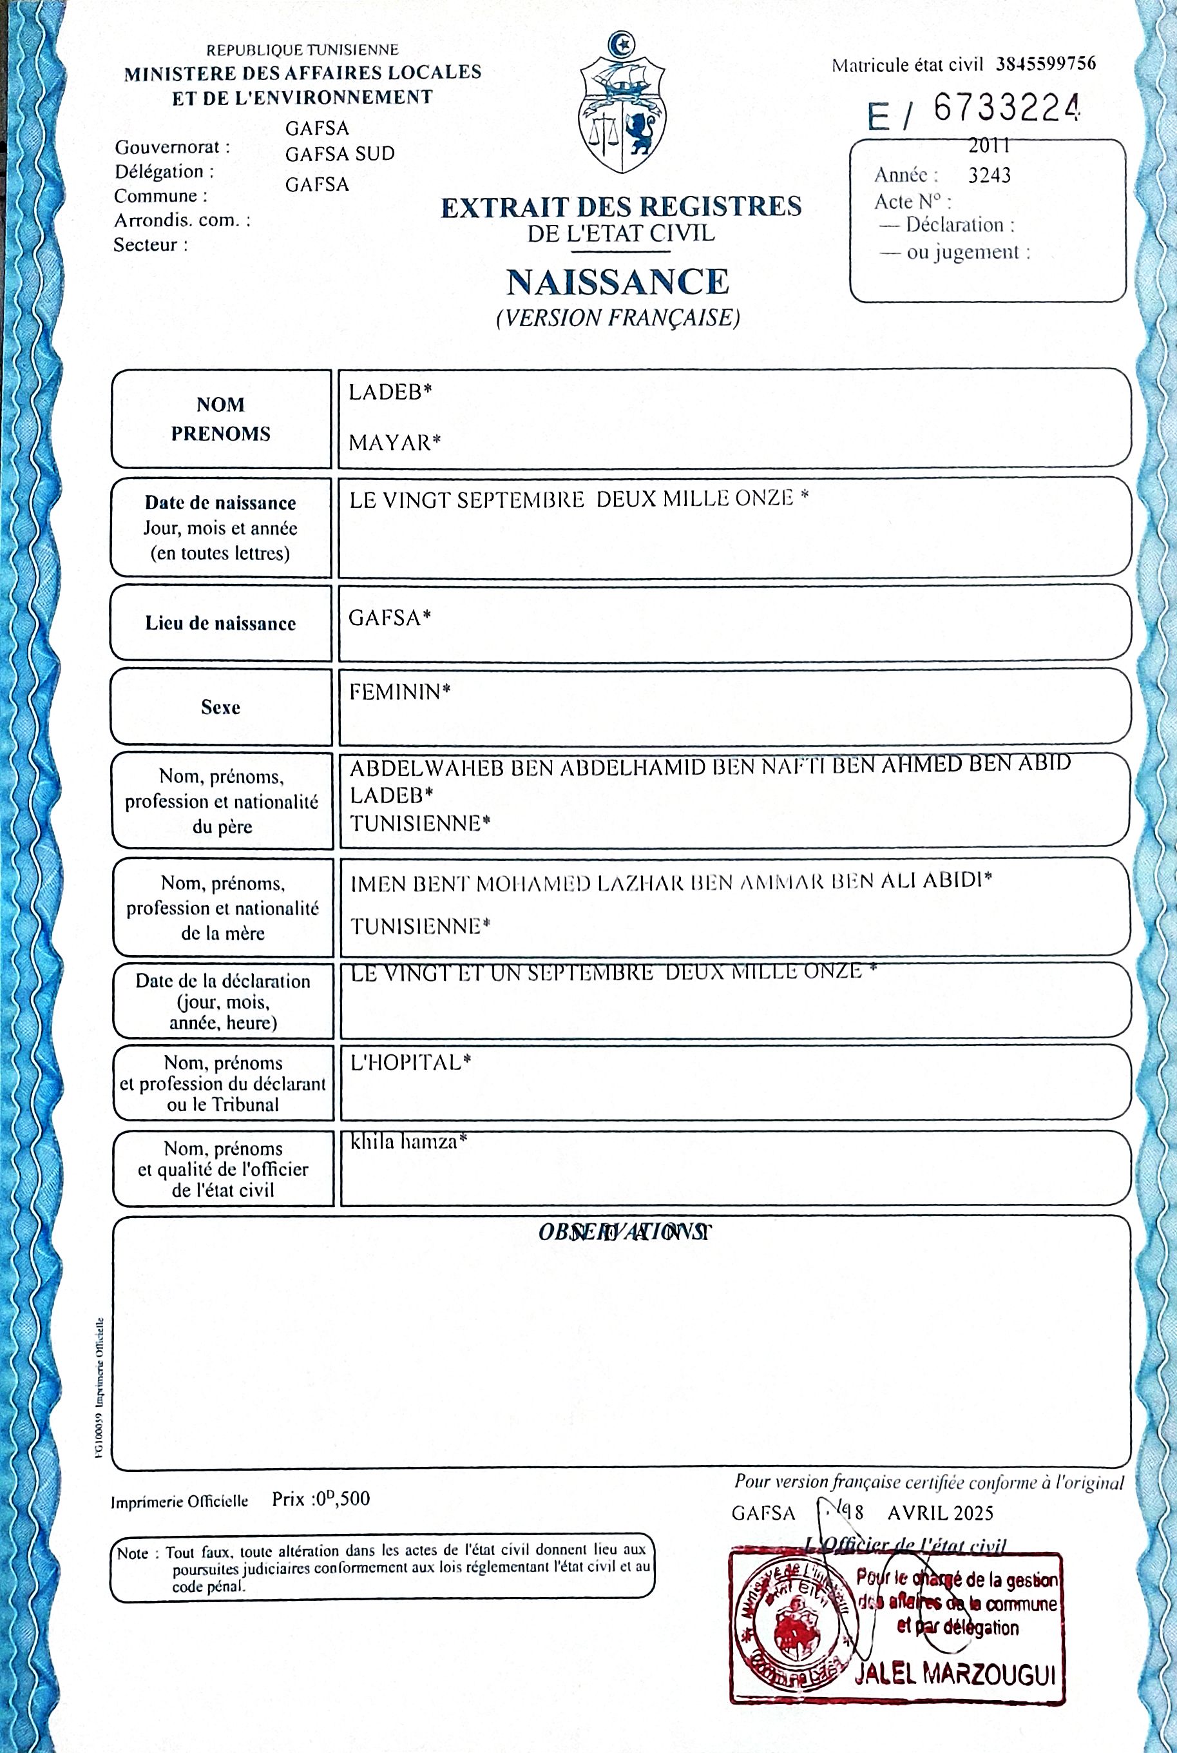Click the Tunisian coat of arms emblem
point(622,103)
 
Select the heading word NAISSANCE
point(618,282)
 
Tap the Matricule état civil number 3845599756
point(1046,64)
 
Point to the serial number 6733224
point(1006,110)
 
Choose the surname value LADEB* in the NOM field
point(390,391)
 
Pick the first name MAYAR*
point(394,442)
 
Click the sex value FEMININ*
point(399,692)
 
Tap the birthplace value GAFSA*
point(390,618)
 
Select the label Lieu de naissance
point(221,623)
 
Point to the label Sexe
point(221,707)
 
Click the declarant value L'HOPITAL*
point(410,1062)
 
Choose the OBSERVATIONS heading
point(624,1232)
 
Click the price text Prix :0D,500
point(321,1499)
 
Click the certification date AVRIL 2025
point(940,1512)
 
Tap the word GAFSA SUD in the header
point(340,154)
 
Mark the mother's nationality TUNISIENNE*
point(420,925)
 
